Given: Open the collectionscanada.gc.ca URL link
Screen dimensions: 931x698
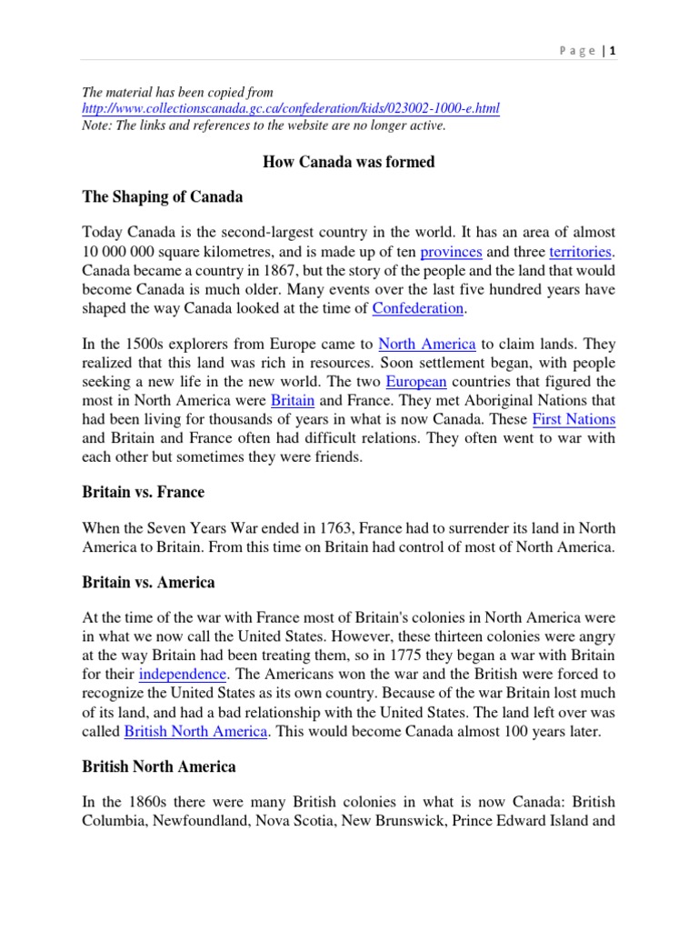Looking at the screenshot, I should click(291, 109).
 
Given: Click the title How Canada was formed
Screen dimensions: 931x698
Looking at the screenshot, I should click(349, 162).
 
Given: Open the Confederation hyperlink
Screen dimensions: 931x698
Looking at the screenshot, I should click(418, 309).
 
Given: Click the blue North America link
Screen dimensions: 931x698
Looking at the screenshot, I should click(426, 344).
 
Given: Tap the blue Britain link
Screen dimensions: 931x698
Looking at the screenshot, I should click(294, 400).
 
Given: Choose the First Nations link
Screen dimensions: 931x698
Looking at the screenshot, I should click(573, 419).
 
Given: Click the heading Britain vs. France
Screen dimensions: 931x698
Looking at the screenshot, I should click(143, 492).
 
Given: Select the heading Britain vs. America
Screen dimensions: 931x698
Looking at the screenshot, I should click(148, 582).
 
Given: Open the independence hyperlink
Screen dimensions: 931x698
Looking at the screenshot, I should click(183, 675).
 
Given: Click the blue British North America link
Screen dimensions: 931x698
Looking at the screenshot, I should click(195, 731).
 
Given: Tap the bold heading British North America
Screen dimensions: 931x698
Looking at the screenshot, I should click(159, 766).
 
